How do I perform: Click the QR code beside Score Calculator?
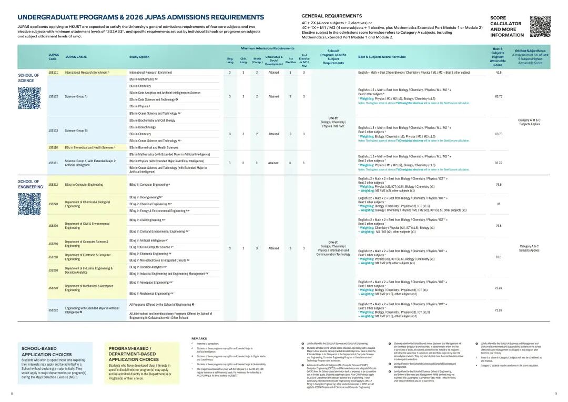(540, 26)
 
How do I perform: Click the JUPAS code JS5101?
(53, 72)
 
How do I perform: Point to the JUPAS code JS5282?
(53, 310)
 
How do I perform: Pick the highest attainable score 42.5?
(498, 72)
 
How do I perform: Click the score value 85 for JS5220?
(498, 204)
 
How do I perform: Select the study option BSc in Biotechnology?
(143, 127)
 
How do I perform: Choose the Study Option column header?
(139, 57)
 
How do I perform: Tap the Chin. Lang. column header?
(244, 61)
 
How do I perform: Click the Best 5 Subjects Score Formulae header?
(389, 57)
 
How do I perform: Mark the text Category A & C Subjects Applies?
(529, 248)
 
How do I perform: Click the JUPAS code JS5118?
(53, 148)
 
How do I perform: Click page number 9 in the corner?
(555, 394)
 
